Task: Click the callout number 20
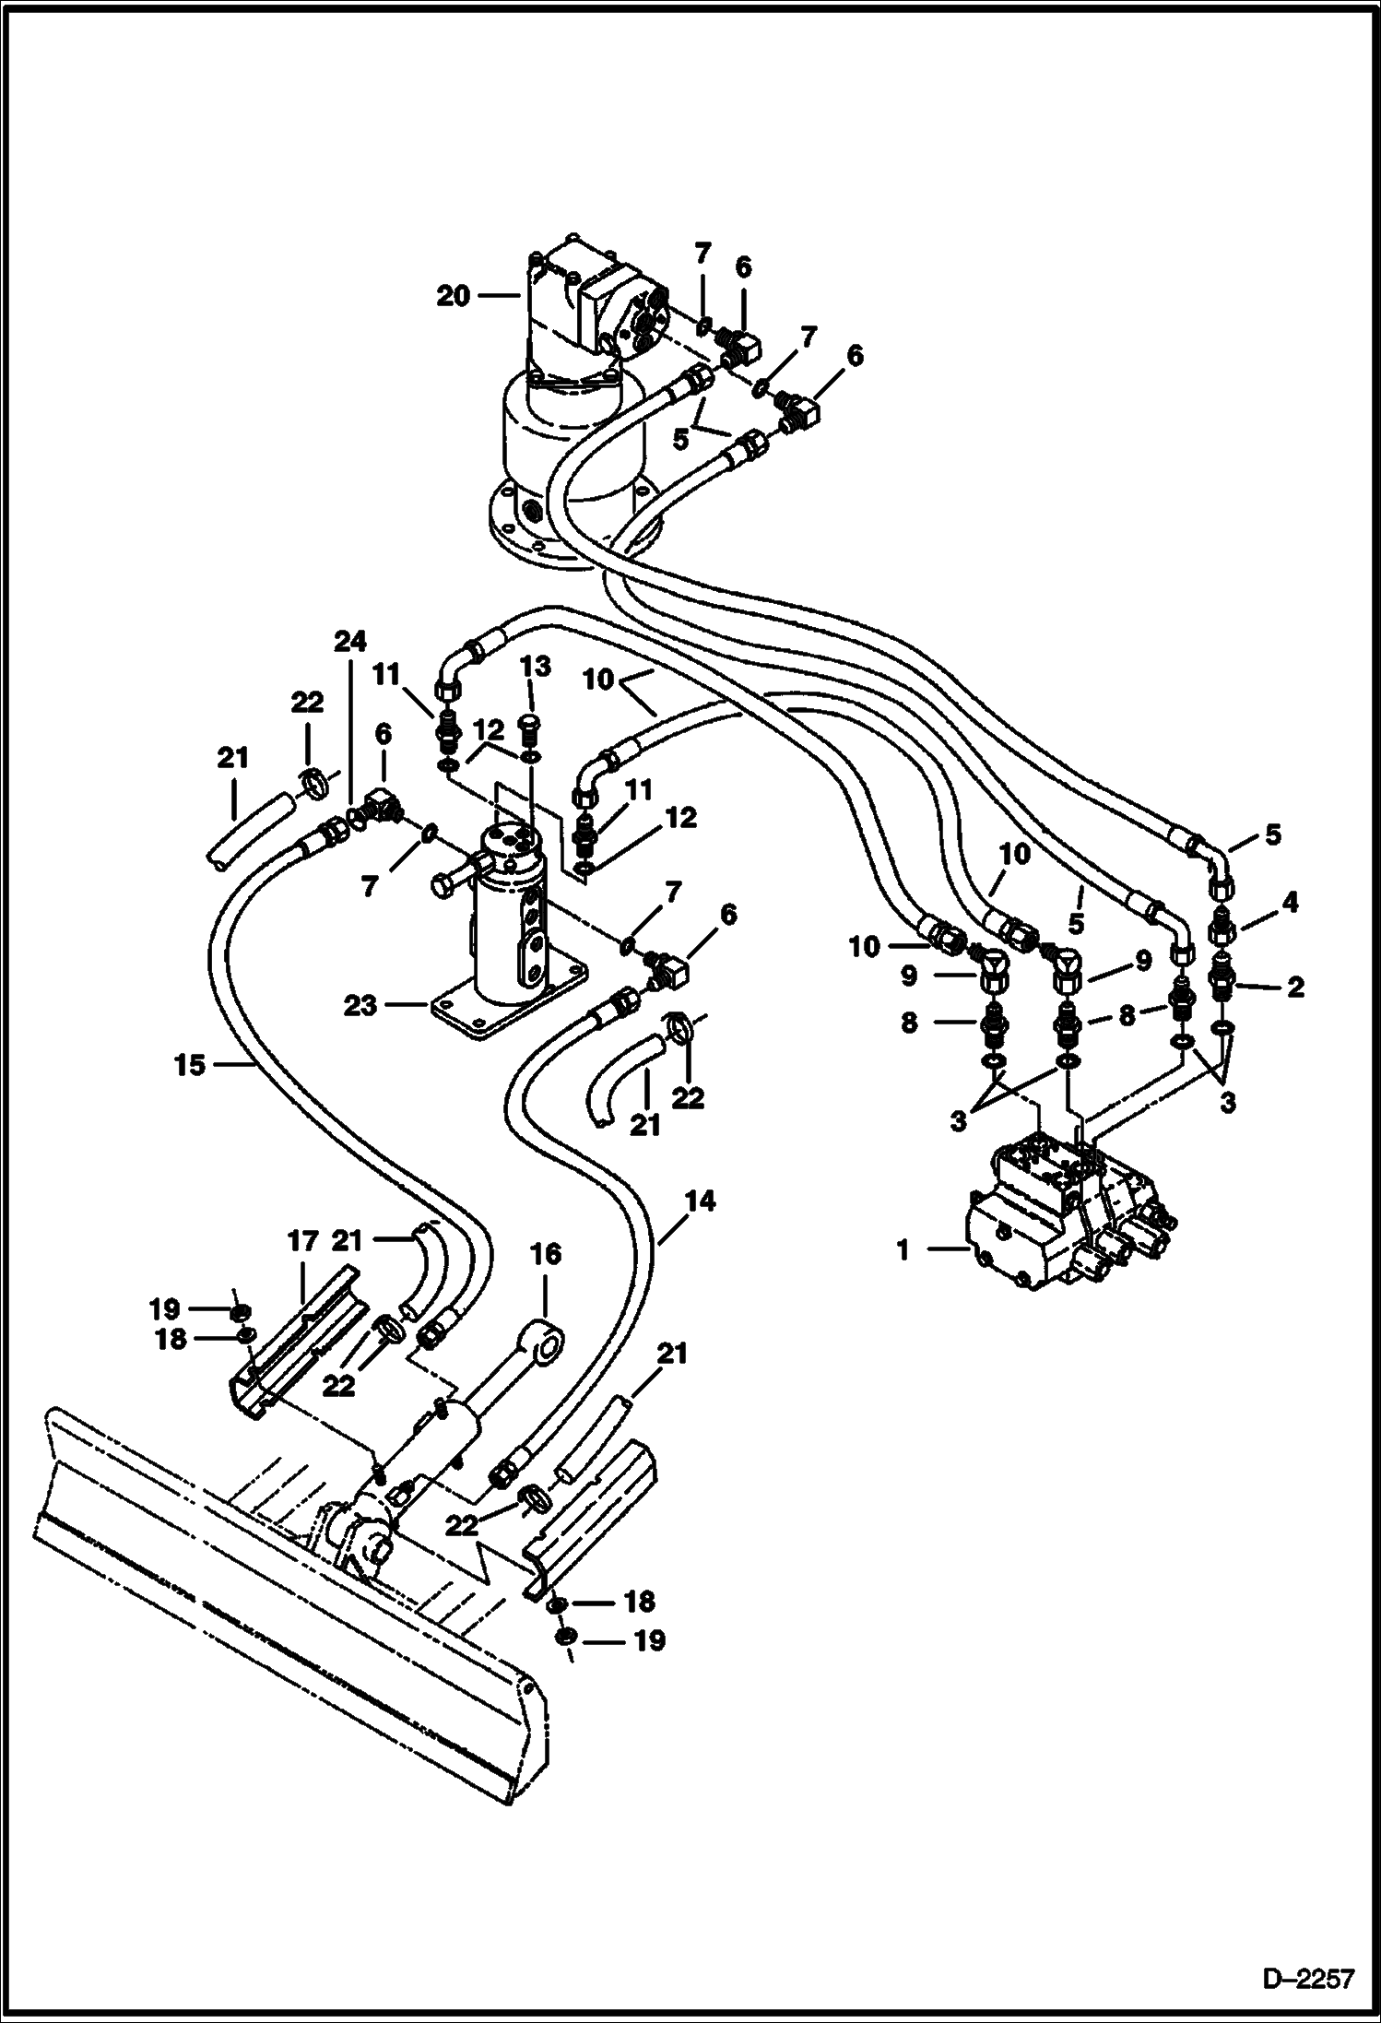point(454,296)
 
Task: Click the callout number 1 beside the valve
point(903,1250)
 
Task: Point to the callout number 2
point(1295,988)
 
